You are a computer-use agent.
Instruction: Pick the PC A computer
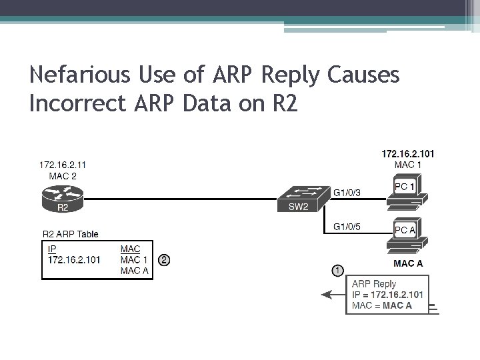click(406, 234)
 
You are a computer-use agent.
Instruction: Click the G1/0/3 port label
click(348, 193)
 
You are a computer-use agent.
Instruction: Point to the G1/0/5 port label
click(348, 227)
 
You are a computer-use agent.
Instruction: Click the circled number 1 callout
click(338, 271)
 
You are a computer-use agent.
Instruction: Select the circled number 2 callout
click(164, 260)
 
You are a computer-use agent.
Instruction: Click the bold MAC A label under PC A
click(408, 263)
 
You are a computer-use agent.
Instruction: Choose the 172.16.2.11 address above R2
click(62, 164)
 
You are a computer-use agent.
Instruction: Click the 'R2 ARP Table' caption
click(70, 234)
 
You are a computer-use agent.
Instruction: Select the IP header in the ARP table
click(53, 249)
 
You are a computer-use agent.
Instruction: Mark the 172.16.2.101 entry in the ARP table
click(74, 259)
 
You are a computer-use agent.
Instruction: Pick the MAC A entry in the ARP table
click(135, 269)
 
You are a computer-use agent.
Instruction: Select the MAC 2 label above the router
click(62, 175)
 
